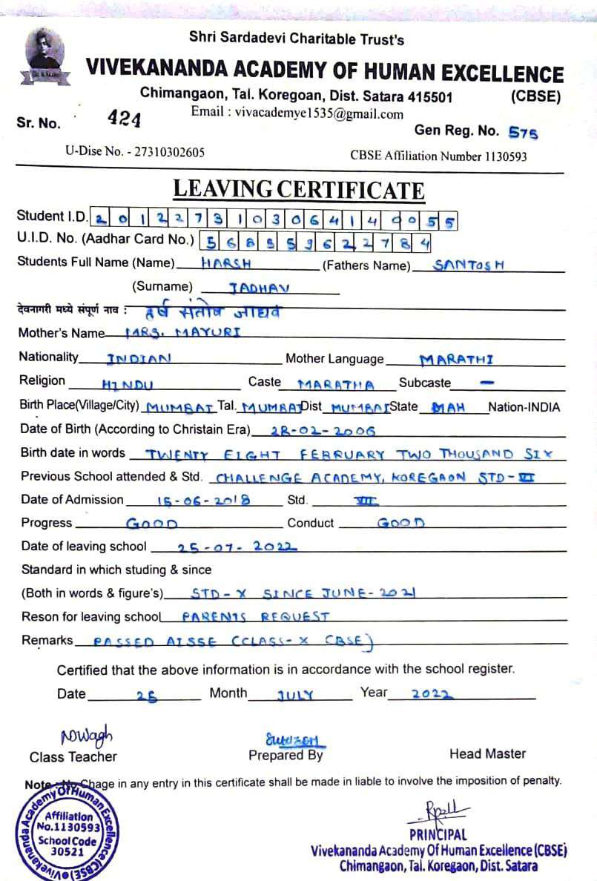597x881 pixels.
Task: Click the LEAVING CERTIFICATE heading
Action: coord(299,190)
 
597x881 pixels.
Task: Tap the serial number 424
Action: coord(124,118)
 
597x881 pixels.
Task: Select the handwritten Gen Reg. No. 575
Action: coord(523,133)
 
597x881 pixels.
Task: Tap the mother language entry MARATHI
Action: coord(456,360)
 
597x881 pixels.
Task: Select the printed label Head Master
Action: coord(487,753)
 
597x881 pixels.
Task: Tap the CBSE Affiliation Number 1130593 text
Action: coord(438,156)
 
